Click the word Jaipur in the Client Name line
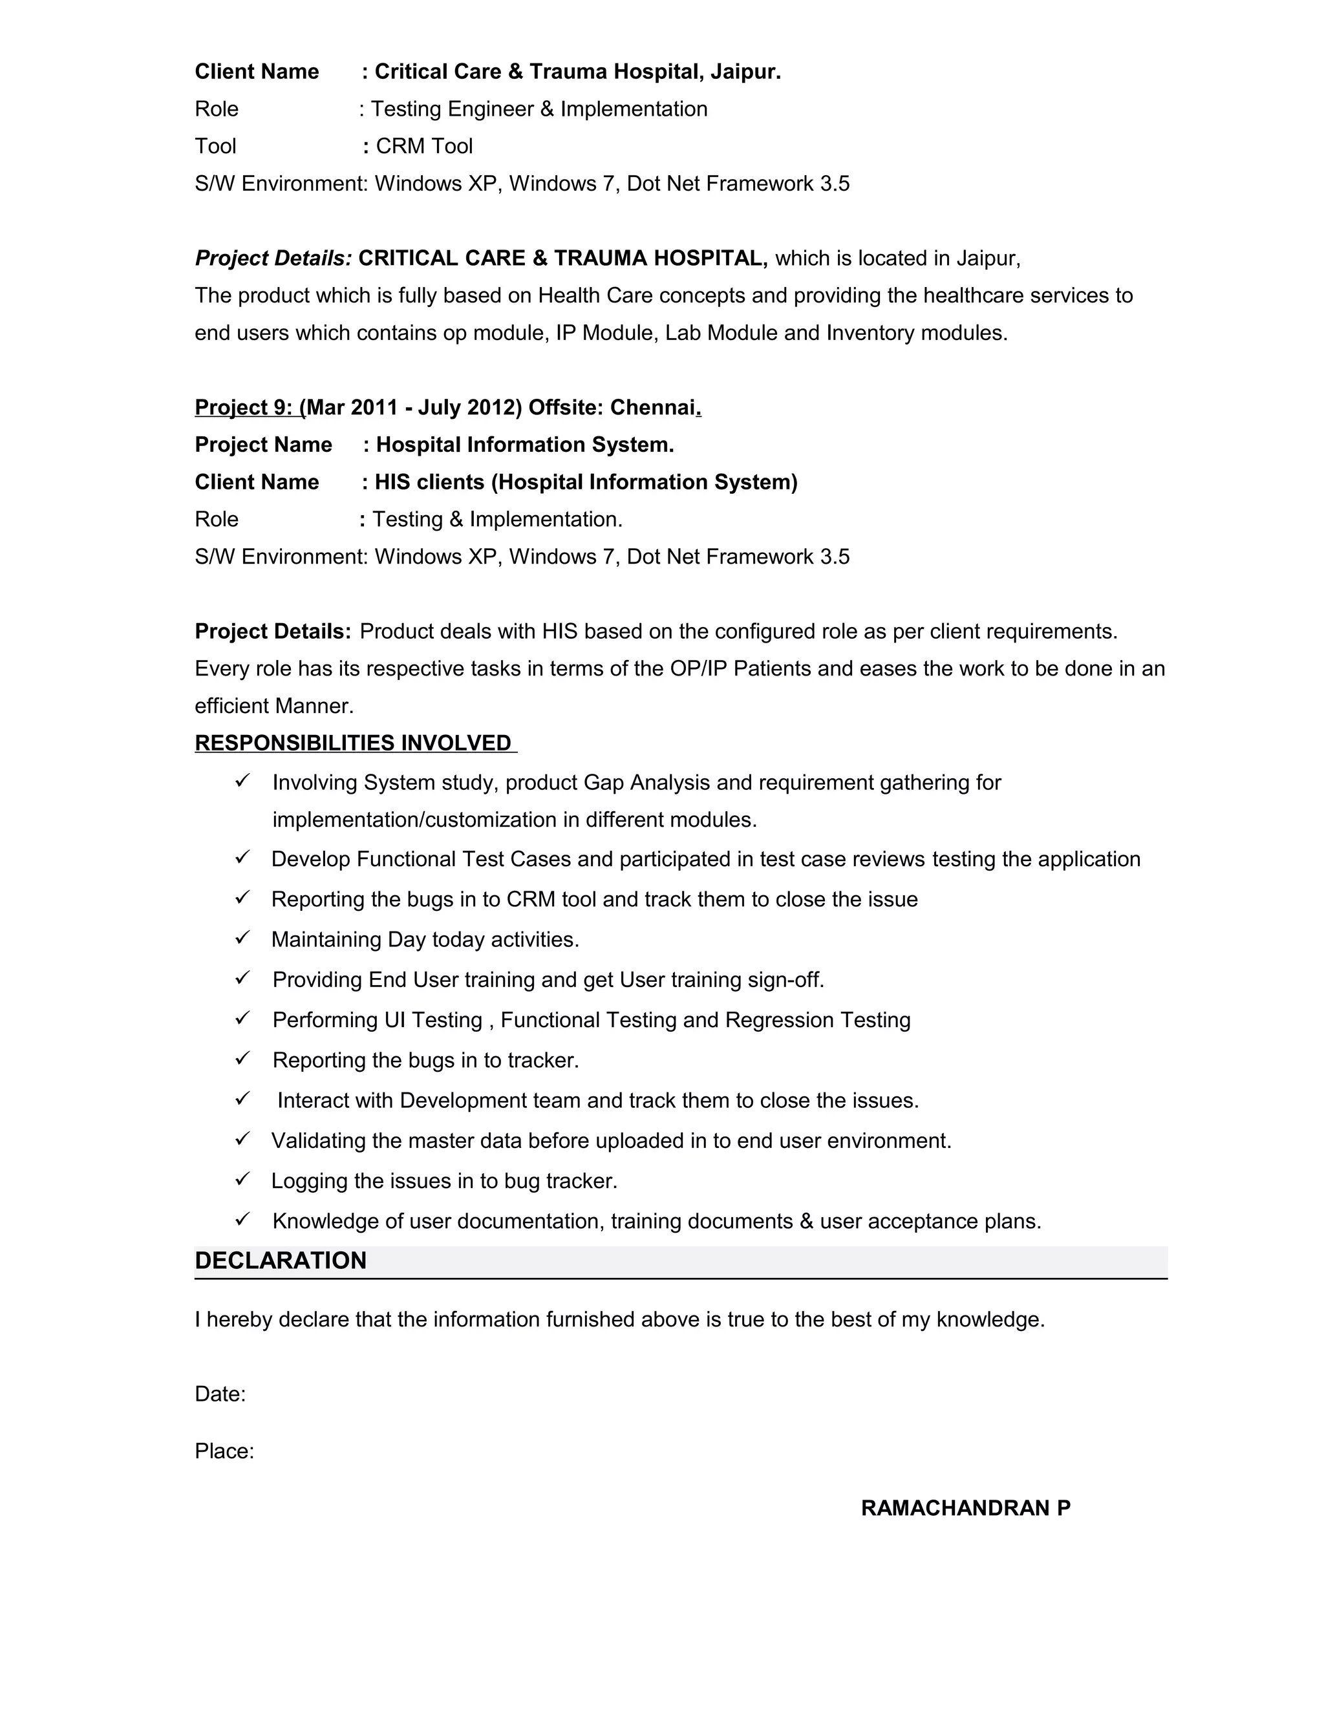[743, 72]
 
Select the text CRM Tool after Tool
[424, 147]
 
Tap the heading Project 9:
[244, 408]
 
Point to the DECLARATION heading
[281, 1261]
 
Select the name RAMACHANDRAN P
[966, 1508]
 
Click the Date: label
[220, 1394]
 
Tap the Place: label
[224, 1451]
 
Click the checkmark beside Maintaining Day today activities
[242, 937]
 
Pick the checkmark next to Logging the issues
[242, 1179]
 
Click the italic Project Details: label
[273, 259]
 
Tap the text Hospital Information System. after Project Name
[525, 445]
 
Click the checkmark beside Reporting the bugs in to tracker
[242, 1058]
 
